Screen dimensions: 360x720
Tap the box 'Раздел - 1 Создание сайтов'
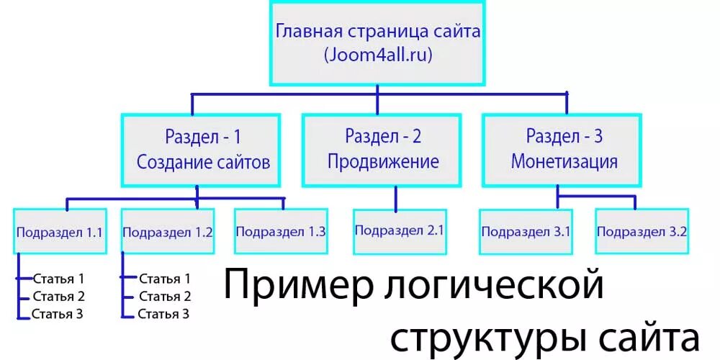point(203,148)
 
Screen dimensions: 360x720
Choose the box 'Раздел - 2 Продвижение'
point(383,148)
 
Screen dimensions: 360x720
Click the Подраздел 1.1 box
point(60,232)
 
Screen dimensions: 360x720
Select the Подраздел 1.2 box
point(168,232)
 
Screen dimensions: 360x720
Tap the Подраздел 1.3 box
point(281,232)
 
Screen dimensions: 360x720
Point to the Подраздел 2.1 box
point(399,231)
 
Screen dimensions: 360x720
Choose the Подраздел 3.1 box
point(526,232)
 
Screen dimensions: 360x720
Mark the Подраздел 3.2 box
point(642,232)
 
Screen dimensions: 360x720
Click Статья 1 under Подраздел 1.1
point(59,278)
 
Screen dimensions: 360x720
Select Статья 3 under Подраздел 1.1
point(58,313)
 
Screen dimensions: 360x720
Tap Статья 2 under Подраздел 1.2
point(165,296)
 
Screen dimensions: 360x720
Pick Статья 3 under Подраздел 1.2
point(164,313)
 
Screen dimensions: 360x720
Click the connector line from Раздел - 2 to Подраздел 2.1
point(395,197)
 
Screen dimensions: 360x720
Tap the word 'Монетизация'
point(564,161)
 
